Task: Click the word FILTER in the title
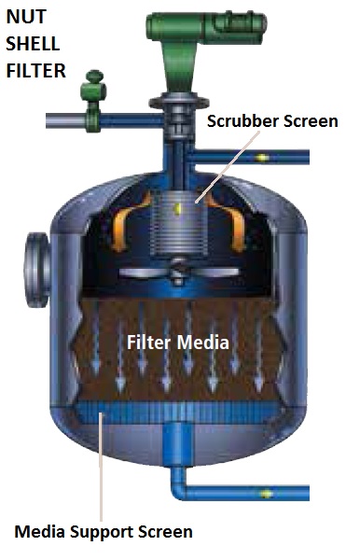click(x=35, y=71)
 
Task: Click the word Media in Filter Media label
click(x=204, y=343)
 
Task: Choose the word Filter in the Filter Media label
click(x=147, y=343)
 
